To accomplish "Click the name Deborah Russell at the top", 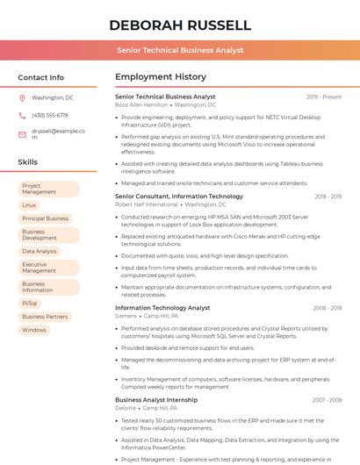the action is (x=180, y=25).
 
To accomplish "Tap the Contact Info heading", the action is (x=40, y=77).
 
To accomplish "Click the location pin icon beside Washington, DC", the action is (x=22, y=97).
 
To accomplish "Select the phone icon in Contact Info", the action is (x=22, y=115).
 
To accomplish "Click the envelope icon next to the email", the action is (x=22, y=134).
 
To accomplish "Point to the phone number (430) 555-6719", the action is (x=50, y=115).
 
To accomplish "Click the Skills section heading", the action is (x=28, y=162).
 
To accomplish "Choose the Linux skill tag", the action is (x=29, y=204).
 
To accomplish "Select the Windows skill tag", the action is (x=34, y=330).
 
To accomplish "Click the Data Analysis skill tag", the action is (x=40, y=251).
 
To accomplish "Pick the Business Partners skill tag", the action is (x=45, y=317).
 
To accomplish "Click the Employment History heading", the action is (x=161, y=77).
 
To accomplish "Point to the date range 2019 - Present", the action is (x=324, y=97).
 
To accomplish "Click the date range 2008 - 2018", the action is (x=328, y=308).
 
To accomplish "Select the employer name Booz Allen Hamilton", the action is (x=141, y=104).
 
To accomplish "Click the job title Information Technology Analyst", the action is (x=162, y=308).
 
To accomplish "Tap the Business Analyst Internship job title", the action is (x=156, y=400).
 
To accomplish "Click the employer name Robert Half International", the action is (x=146, y=204).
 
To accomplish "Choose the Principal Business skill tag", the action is (x=45, y=218).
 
